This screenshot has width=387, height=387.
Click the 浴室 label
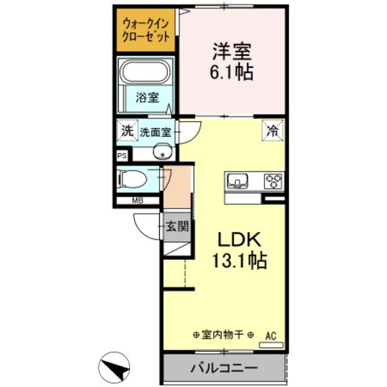click(x=147, y=97)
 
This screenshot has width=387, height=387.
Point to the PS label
click(x=123, y=156)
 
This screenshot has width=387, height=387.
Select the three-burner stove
click(x=274, y=180)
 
